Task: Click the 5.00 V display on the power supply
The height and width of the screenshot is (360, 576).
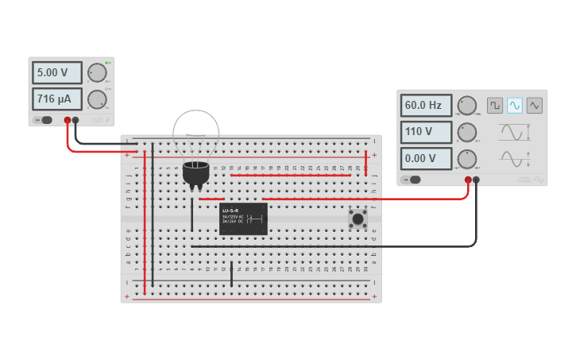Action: point(57,72)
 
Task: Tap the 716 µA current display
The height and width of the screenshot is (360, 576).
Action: point(57,99)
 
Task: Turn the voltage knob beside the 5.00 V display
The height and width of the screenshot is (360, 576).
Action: point(97,73)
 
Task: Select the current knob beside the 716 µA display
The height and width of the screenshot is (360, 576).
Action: point(97,99)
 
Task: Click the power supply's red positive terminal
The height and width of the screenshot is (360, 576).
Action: point(68,121)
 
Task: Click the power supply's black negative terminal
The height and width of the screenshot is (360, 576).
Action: point(75,121)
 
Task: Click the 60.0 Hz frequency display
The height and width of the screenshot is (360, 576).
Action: point(426,106)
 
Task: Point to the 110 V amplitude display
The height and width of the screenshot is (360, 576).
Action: point(426,132)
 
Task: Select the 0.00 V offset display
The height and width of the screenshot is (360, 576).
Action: point(426,158)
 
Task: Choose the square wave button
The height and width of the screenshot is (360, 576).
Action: point(495,105)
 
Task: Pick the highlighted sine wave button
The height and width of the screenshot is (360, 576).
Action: point(515,105)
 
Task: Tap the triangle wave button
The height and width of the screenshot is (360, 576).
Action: point(535,105)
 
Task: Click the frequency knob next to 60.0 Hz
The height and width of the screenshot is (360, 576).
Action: point(467,106)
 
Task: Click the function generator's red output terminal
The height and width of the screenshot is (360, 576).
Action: point(468,180)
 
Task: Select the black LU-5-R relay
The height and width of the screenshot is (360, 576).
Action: point(243,219)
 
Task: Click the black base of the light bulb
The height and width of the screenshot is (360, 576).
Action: point(195,173)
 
